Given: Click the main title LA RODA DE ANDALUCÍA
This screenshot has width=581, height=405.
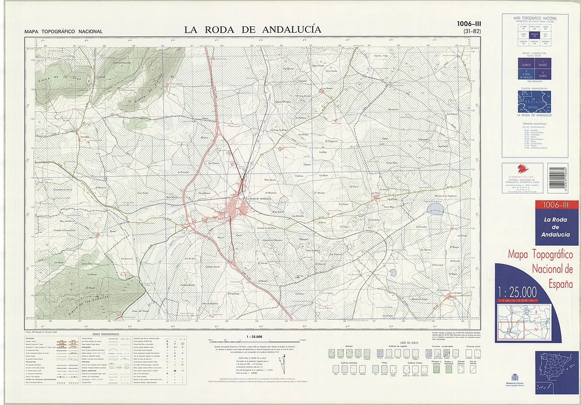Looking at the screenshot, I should (x=252, y=30).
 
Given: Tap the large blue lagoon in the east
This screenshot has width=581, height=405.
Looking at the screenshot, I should (x=435, y=209).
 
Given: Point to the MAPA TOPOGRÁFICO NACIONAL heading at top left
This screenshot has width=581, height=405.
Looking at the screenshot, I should (x=64, y=32).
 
